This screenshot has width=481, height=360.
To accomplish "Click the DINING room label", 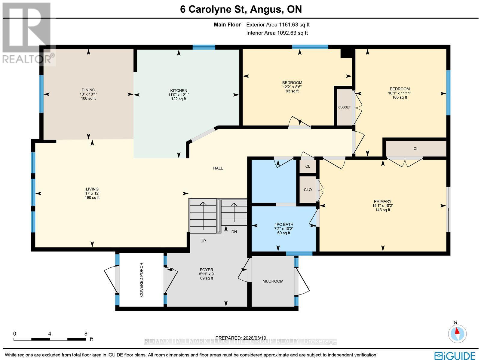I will coord(88,90).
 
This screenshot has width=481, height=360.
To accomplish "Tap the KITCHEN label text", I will coord(179,90).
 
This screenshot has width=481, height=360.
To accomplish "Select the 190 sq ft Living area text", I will coord(92,198).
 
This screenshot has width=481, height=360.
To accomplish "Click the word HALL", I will coord(218,168).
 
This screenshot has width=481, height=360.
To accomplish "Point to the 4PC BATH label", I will coord(283,224).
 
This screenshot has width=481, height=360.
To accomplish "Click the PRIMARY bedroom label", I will coord(382,201).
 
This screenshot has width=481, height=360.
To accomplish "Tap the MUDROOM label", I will coord(273,281).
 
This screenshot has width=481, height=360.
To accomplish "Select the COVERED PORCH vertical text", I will coord(141,280).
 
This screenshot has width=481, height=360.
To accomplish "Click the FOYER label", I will coord(206,270).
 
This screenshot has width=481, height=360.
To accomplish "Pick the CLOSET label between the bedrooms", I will coord(344,107).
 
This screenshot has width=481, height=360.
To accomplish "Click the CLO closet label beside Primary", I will coord(308,190).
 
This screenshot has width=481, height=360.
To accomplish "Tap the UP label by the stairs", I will coord(203,241).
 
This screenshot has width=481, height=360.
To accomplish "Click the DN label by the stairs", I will coord(234,232).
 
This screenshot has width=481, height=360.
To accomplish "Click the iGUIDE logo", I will coord(456,355).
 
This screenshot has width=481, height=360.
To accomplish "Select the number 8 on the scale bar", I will coord(86,334).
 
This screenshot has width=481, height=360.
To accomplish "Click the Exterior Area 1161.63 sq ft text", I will coord(277,25).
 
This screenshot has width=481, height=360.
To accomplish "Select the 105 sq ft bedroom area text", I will coord(400,97).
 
